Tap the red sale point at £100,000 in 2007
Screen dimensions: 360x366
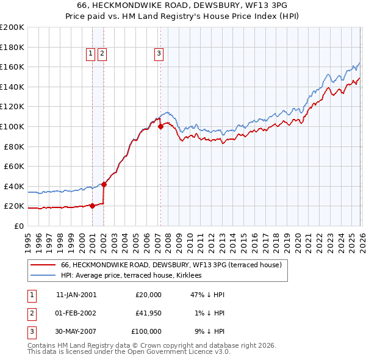(x=160, y=127)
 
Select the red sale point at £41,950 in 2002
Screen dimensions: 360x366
(x=104, y=184)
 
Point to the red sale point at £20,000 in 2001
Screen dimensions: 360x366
(x=92, y=206)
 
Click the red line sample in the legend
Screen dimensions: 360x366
(x=43, y=265)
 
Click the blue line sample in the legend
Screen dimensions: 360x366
(x=43, y=276)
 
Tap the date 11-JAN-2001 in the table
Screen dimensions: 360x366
(x=76, y=295)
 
